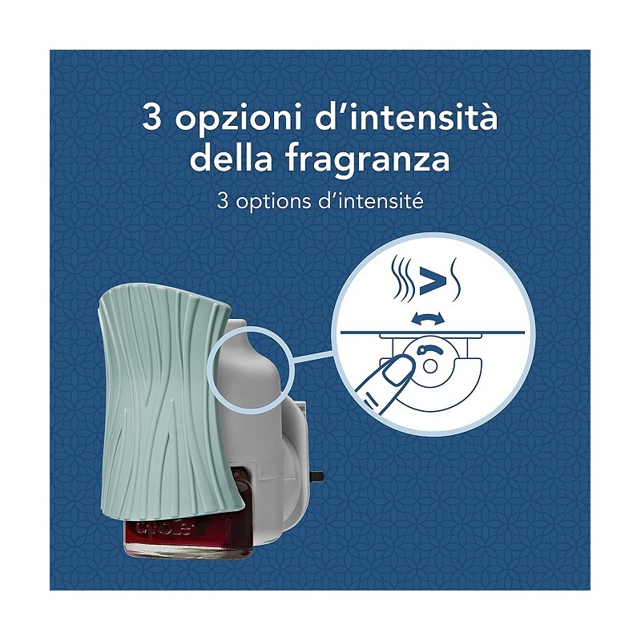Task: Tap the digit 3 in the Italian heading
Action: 151,117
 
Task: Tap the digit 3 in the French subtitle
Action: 223,201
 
